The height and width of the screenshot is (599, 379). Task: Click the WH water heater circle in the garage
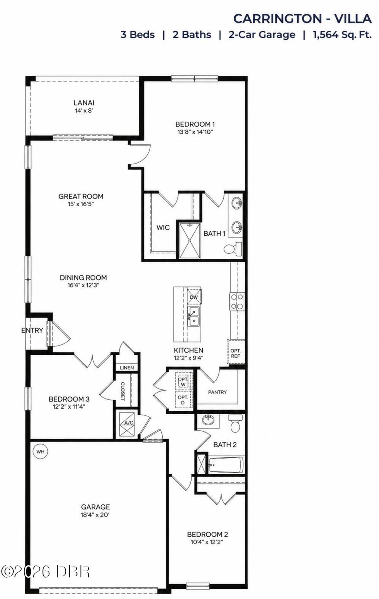[x=40, y=451]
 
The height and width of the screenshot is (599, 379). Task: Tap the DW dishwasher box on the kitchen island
[x=194, y=297]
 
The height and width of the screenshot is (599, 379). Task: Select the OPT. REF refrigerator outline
[x=236, y=353]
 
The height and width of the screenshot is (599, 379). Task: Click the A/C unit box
[x=127, y=424]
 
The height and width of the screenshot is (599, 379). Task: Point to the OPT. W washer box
[x=183, y=381]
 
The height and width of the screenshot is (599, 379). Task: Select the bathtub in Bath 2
[x=226, y=465]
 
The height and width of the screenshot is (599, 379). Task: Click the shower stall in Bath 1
[x=189, y=241]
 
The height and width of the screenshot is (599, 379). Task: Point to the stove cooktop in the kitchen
[x=237, y=301]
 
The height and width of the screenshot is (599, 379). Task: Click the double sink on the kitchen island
[x=193, y=316]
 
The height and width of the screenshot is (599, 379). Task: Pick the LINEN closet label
[x=127, y=368]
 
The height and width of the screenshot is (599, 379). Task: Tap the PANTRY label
[x=217, y=392]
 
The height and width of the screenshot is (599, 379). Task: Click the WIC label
[x=163, y=227]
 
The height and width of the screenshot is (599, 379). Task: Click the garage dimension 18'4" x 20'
[x=95, y=515]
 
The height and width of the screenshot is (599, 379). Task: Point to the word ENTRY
[x=32, y=330]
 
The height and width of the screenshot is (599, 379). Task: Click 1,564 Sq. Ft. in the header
[x=342, y=35]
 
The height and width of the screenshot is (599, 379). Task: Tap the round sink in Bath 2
[x=208, y=419]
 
